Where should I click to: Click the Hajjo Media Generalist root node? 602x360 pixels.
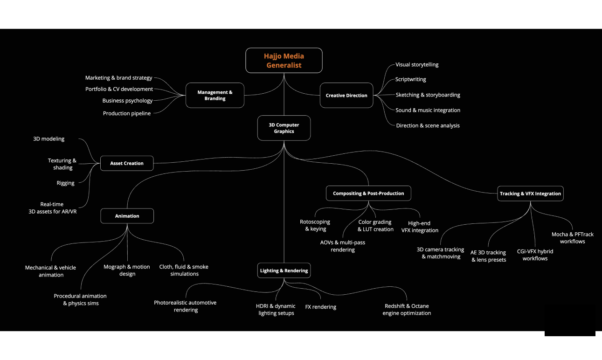(x=284, y=61)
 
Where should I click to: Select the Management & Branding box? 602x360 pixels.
(x=215, y=95)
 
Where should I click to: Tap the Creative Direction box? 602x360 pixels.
(x=346, y=95)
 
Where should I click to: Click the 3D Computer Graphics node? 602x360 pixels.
(x=284, y=128)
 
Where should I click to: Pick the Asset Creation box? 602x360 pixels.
(x=127, y=163)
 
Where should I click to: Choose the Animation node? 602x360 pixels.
(x=127, y=216)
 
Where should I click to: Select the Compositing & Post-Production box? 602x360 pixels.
(x=368, y=194)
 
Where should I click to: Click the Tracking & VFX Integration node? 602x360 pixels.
(x=530, y=194)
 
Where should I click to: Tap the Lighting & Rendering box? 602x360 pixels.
(x=284, y=270)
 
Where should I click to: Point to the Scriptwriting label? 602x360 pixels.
(x=410, y=80)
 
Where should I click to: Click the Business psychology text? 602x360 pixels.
(x=127, y=101)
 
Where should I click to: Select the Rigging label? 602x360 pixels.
(x=66, y=183)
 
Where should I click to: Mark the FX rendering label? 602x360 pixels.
(x=320, y=307)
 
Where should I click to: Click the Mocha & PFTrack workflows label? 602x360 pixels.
(x=572, y=238)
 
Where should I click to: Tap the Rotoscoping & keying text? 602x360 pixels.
(x=315, y=225)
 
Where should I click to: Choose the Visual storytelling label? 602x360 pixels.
(x=417, y=65)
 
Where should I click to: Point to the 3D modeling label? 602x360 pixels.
(x=49, y=139)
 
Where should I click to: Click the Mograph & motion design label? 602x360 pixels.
(x=127, y=270)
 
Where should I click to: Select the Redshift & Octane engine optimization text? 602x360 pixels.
(x=407, y=310)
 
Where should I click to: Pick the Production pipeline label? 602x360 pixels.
(x=127, y=113)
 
